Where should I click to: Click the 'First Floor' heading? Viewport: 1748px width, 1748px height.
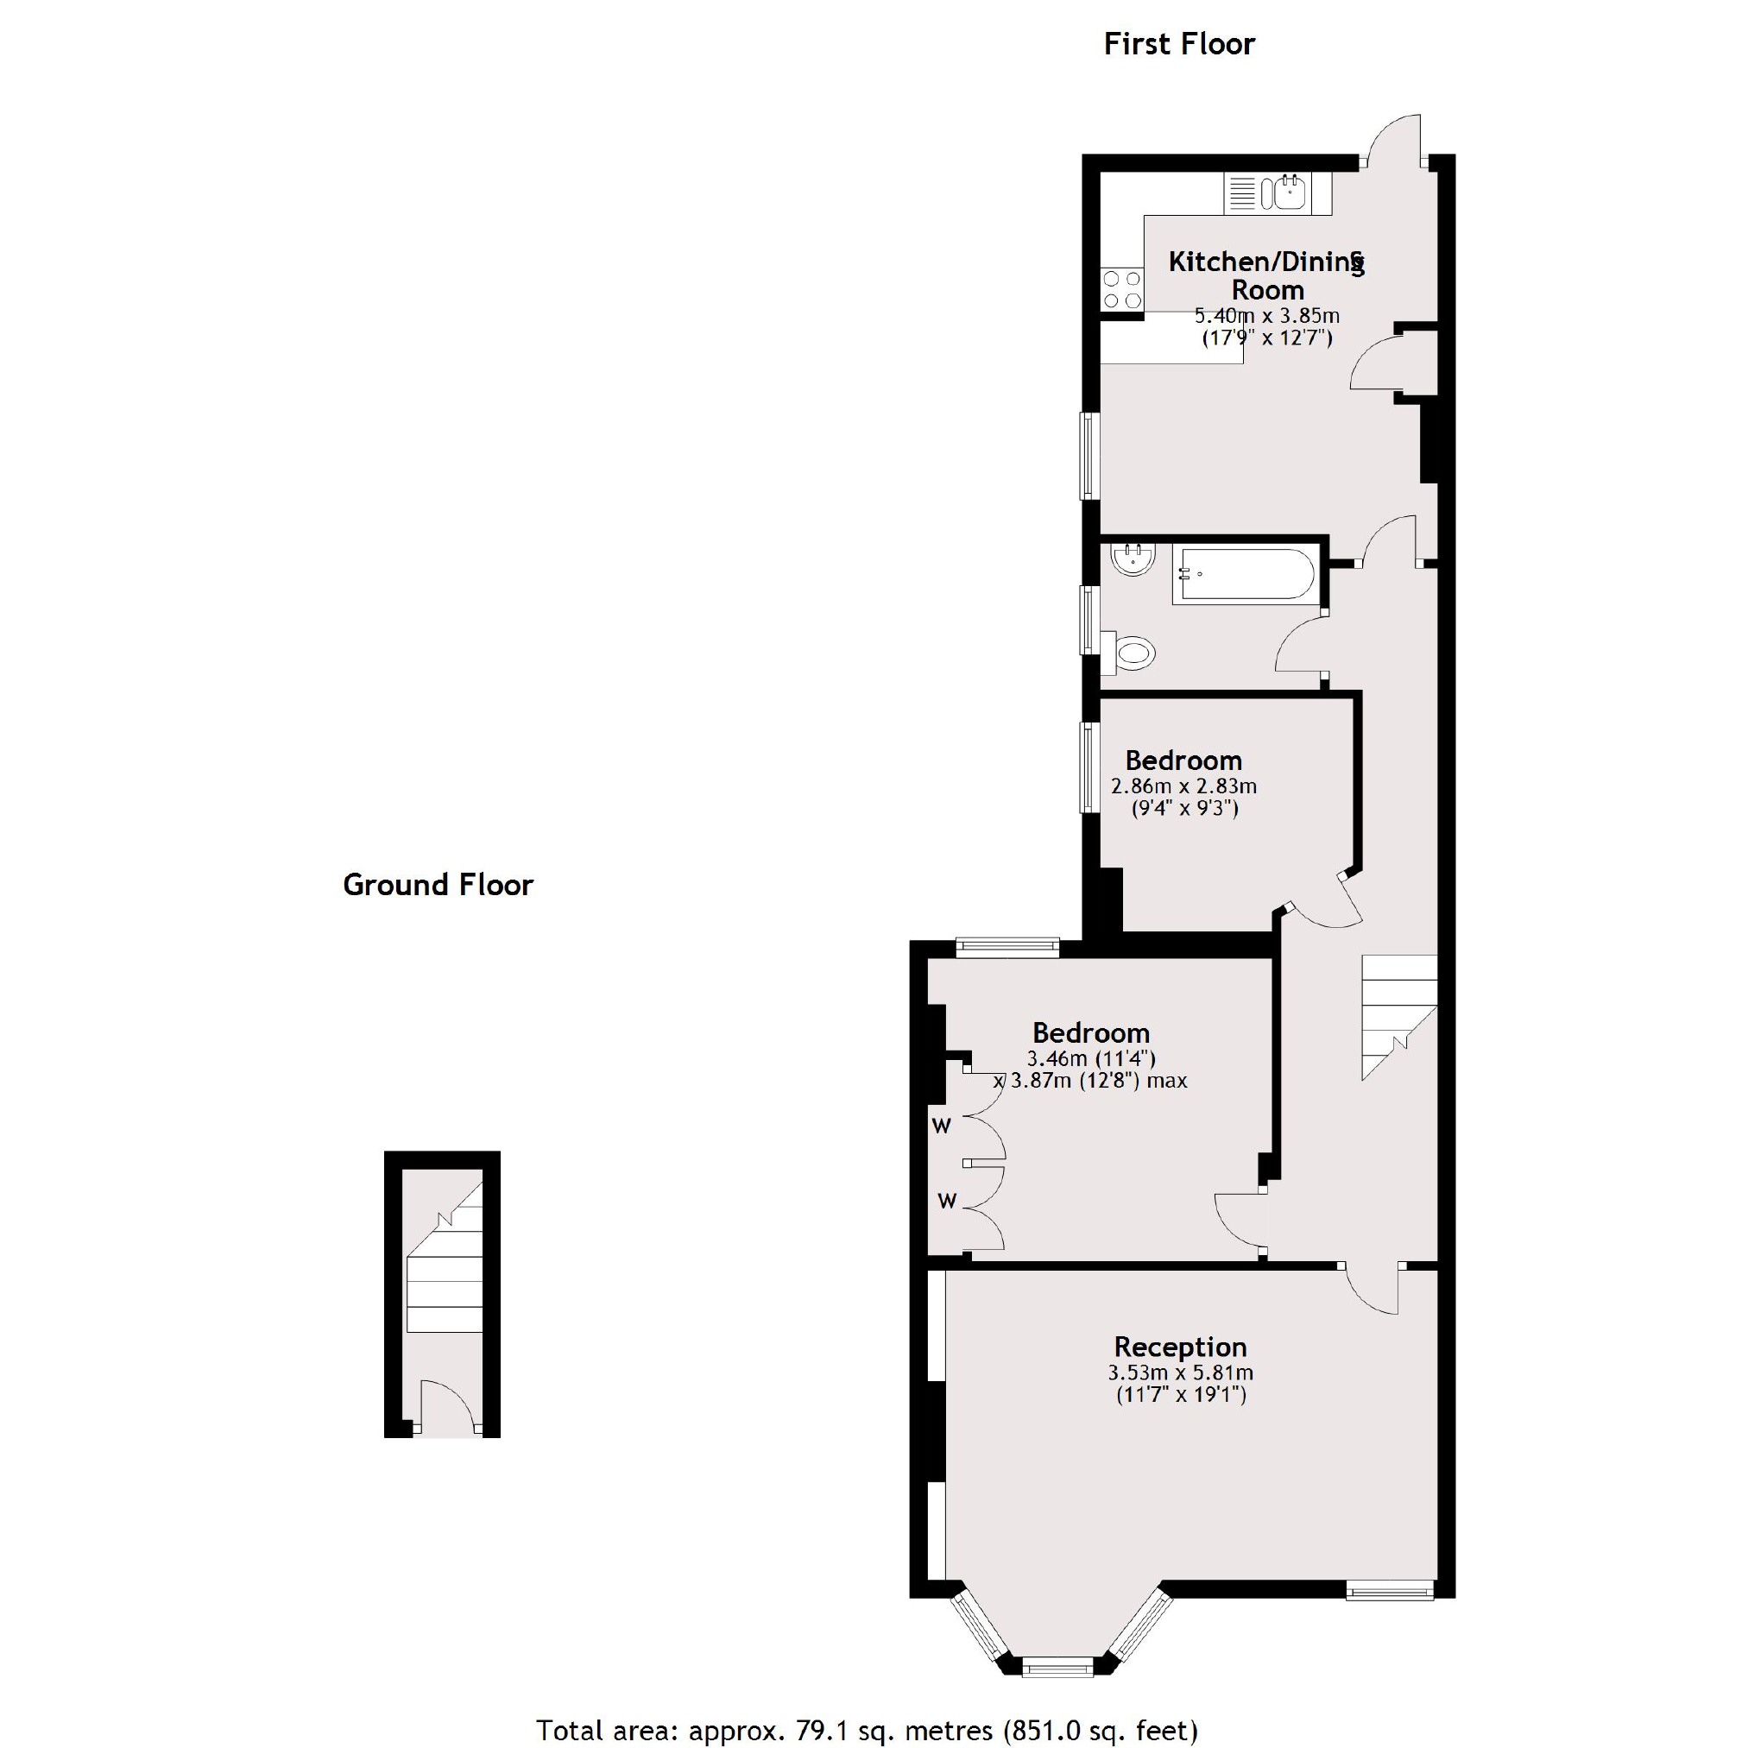click(x=1178, y=44)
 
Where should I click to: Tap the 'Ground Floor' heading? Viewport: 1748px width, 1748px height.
click(x=438, y=885)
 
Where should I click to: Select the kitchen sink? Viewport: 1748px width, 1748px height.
click(x=1278, y=192)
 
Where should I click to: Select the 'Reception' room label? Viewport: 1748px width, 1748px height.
click(x=1180, y=1347)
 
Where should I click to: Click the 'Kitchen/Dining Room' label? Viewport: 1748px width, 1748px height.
click(x=1266, y=275)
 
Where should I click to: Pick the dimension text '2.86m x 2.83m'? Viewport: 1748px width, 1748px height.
click(x=1183, y=786)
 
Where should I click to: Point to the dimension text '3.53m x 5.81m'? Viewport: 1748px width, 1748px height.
click(x=1180, y=1373)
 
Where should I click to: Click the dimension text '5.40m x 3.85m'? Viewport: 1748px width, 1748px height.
click(x=1266, y=317)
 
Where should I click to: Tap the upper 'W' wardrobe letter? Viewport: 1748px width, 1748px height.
click(x=942, y=1126)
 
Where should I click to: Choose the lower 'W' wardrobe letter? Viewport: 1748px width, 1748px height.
click(x=946, y=1202)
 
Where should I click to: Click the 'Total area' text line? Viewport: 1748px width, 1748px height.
click(x=867, y=1730)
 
